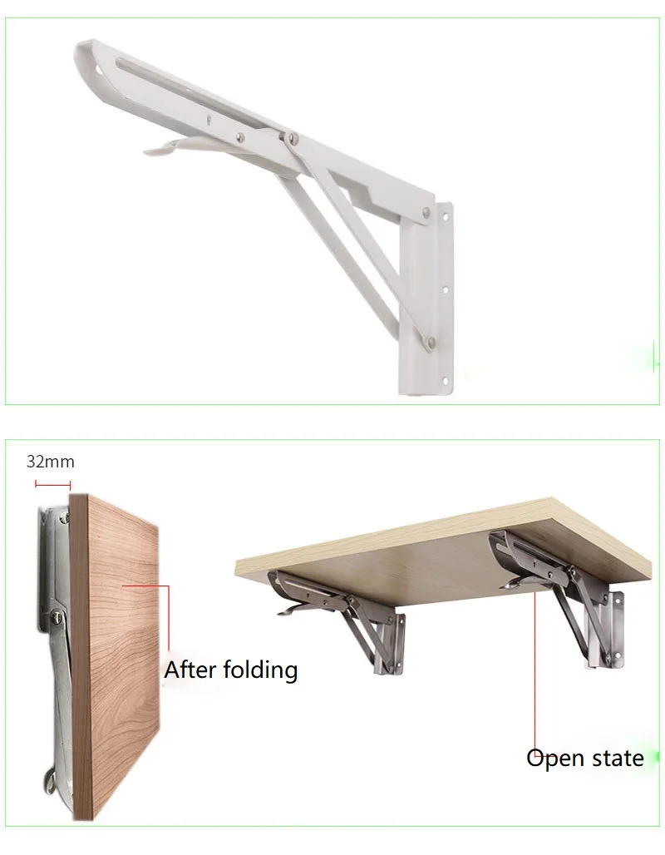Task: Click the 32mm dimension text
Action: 50,462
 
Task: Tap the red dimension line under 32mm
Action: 52,484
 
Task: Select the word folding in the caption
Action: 259,670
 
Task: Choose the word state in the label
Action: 616,758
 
